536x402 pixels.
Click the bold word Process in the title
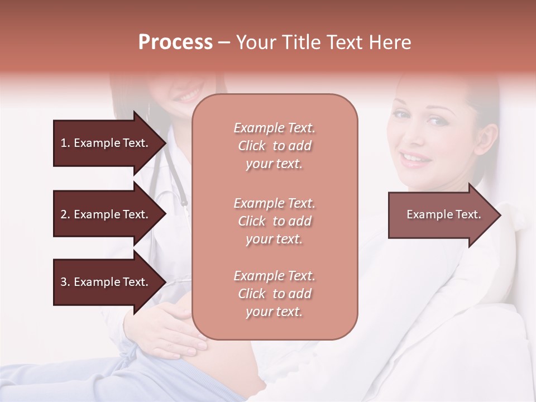pos(175,42)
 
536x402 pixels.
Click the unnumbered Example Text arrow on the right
pos(443,214)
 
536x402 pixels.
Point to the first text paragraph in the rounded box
pos(274,146)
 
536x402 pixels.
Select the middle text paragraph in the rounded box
pos(274,221)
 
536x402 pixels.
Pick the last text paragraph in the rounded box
pos(274,294)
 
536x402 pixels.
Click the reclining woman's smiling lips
pos(417,159)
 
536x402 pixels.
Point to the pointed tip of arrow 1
pos(165,143)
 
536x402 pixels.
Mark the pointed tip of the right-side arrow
pos(500,215)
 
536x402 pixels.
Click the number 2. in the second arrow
pos(65,214)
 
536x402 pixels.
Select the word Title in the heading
pos(305,42)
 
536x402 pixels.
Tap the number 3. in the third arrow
pos(65,282)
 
